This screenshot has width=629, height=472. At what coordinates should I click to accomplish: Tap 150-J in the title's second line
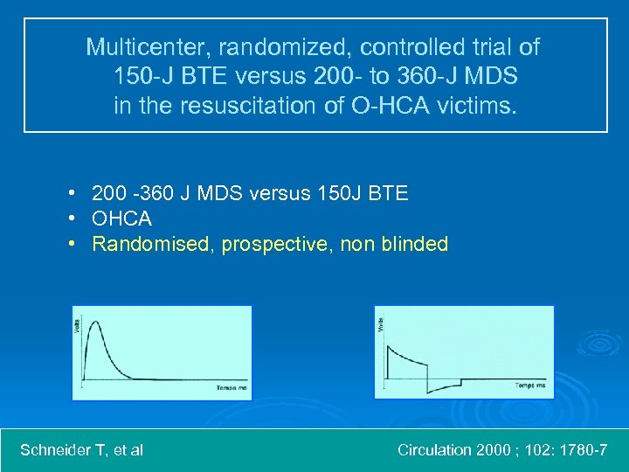pos(142,77)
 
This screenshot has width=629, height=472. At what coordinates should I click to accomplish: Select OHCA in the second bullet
pos(121,219)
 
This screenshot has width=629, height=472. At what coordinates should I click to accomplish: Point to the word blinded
pos(415,244)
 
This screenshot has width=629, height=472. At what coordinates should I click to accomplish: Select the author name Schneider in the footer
pos(59,450)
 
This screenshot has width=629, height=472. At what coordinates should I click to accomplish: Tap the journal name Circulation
pos(435,450)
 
